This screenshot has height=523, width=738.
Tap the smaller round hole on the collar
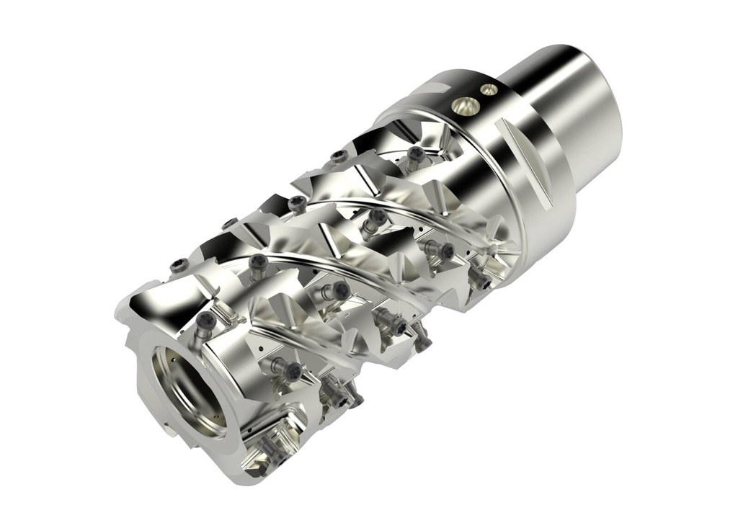[x=489, y=89]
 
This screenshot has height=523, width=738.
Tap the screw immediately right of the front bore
[x=290, y=371]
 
